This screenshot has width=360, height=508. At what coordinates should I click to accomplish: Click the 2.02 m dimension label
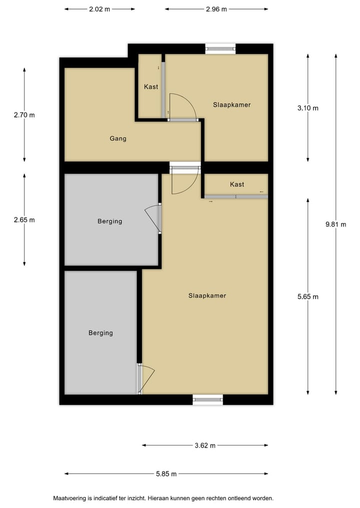pyautogui.click(x=99, y=9)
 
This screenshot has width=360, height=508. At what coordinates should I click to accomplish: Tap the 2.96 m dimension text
pyautogui.click(x=216, y=9)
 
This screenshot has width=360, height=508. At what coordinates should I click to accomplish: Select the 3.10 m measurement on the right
pyautogui.click(x=308, y=108)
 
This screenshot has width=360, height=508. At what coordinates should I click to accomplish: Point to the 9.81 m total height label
pyautogui.click(x=335, y=224)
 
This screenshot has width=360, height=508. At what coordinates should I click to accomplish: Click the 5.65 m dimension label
pyautogui.click(x=308, y=296)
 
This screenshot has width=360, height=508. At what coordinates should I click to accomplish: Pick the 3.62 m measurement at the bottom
pyautogui.click(x=205, y=446)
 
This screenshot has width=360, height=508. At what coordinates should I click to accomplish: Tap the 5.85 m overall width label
pyautogui.click(x=166, y=474)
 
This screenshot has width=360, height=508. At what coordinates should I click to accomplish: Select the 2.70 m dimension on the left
pyautogui.click(x=24, y=115)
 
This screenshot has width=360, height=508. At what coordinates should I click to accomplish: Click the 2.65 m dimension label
pyautogui.click(x=24, y=220)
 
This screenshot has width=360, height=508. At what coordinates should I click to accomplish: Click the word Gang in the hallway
pyautogui.click(x=118, y=138)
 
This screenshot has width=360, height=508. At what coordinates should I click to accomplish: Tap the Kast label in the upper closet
pyautogui.click(x=151, y=87)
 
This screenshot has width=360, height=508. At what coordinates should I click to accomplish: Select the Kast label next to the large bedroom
pyautogui.click(x=237, y=184)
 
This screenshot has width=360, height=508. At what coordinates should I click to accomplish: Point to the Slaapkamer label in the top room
pyautogui.click(x=231, y=105)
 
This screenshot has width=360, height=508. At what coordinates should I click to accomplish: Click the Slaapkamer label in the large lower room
pyautogui.click(x=207, y=296)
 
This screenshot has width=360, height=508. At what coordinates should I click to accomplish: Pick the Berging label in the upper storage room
pyautogui.click(x=110, y=221)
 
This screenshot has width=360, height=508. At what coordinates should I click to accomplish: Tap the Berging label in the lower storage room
pyautogui.click(x=100, y=333)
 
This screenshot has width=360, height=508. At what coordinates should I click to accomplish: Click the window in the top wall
pyautogui.click(x=220, y=48)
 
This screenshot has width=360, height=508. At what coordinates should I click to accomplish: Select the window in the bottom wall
pyautogui.click(x=207, y=399)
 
